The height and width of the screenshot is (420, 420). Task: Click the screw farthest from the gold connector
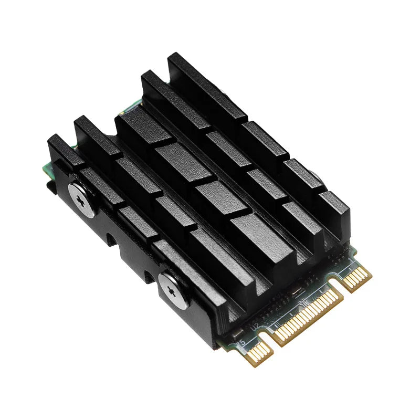pos(82,200)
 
